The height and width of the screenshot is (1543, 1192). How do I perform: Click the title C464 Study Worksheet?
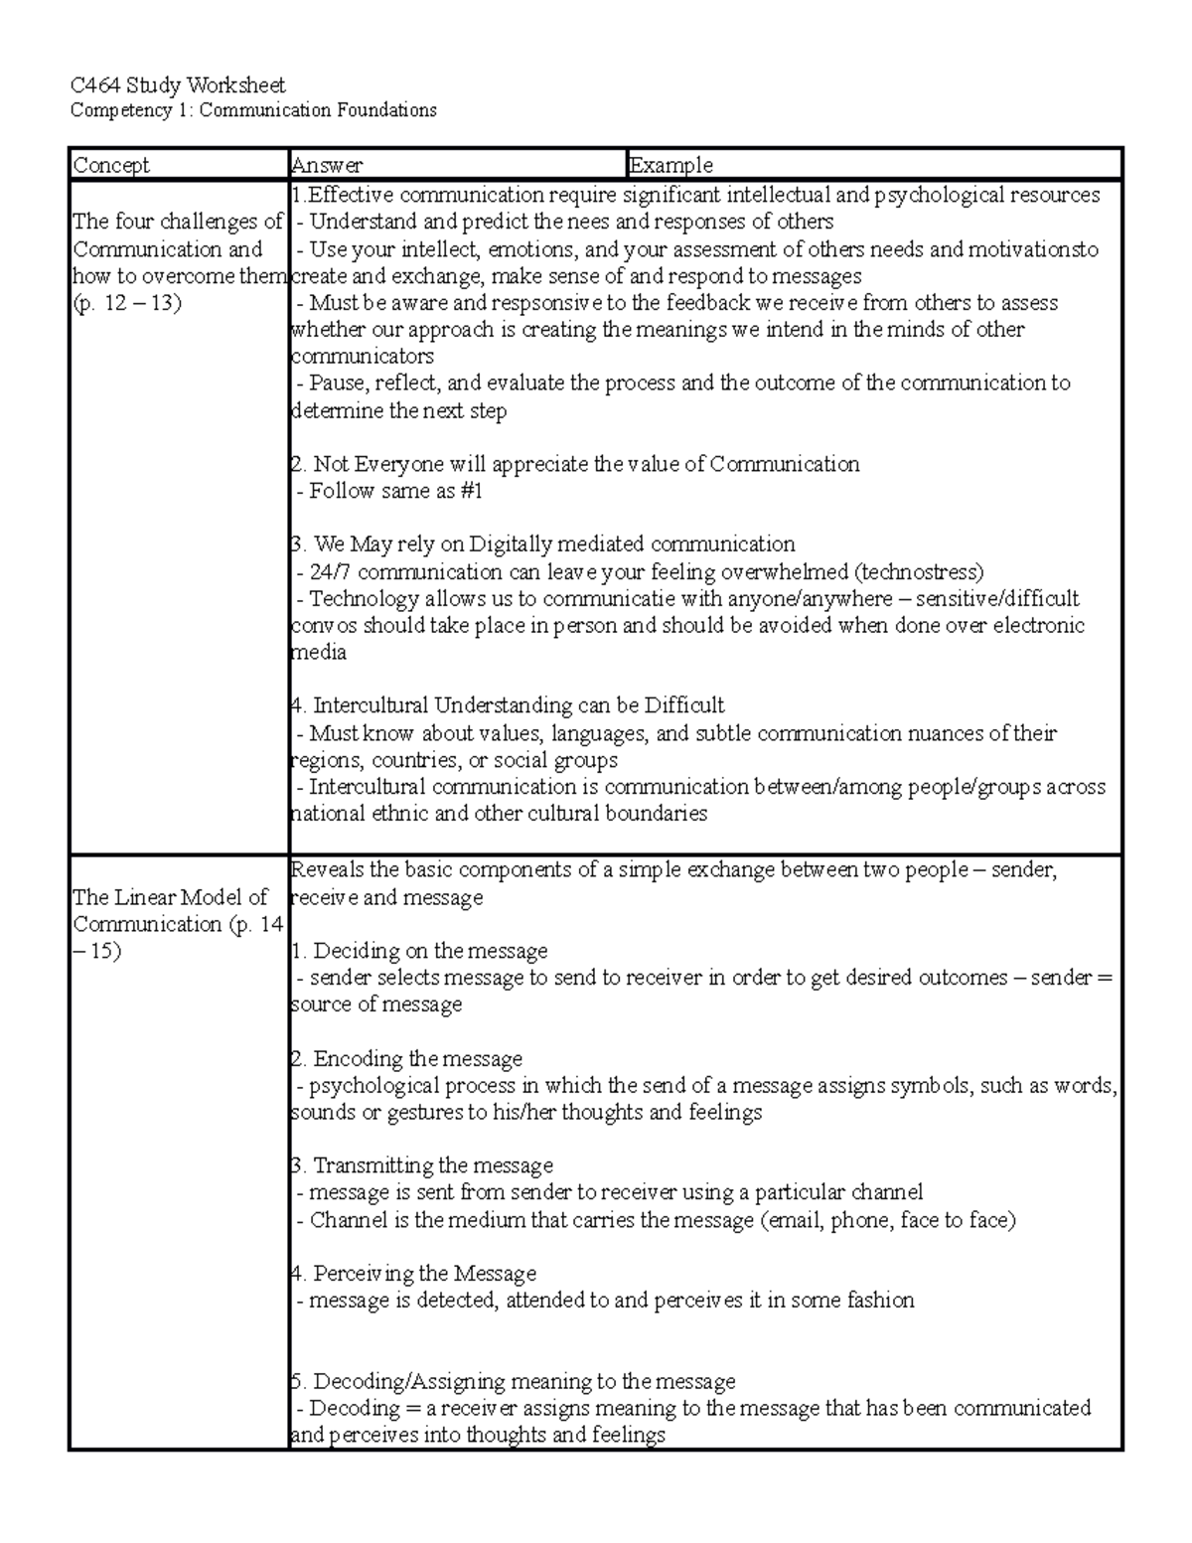178,85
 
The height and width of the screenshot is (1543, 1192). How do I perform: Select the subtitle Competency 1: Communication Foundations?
253,110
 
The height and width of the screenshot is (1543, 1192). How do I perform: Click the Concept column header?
111,165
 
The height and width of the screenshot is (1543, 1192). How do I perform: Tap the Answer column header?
327,165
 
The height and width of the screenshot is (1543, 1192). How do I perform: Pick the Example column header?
671,165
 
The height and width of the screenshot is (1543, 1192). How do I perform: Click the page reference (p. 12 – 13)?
127,303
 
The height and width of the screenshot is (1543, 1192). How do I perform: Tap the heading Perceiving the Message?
424,1274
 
